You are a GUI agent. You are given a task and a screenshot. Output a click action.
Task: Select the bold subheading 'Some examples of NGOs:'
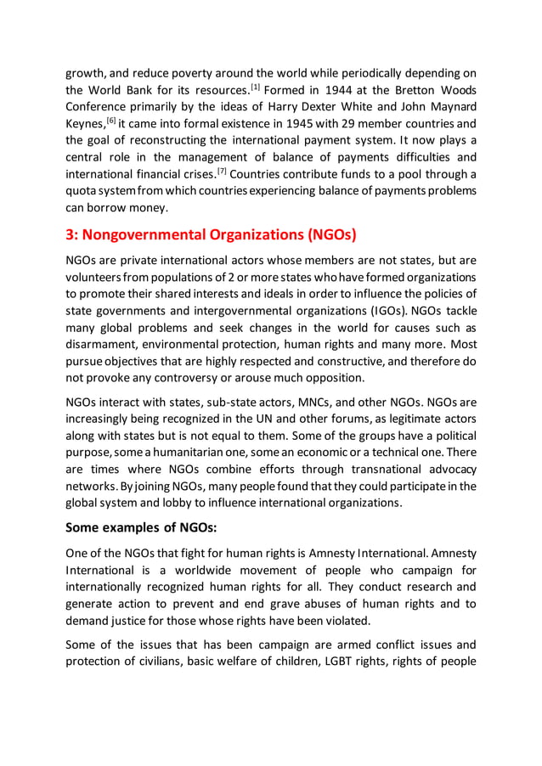(x=142, y=526)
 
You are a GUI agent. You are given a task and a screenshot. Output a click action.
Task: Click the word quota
(x=83, y=192)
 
